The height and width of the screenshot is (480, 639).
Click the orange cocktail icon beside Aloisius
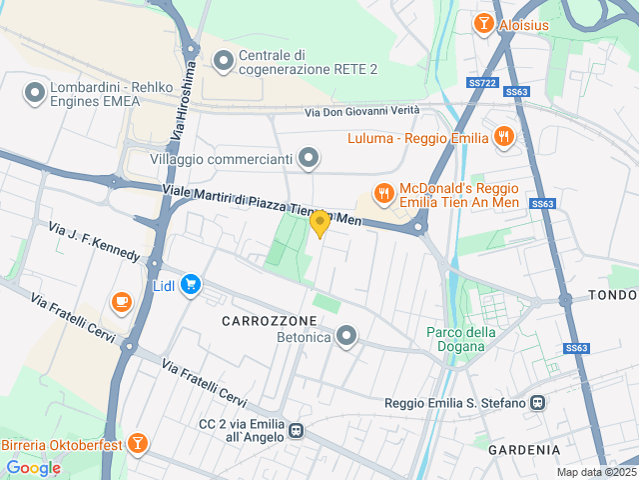tap(484, 22)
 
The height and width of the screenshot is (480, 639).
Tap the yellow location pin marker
tap(319, 223)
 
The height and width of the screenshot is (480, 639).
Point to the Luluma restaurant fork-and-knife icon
tap(504, 137)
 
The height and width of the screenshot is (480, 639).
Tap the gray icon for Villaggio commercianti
tap(310, 158)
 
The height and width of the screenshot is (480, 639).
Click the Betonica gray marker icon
tap(346, 336)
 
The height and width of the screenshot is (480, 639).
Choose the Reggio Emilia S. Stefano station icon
tap(538, 403)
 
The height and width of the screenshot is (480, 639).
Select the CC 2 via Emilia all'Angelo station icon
tap(297, 431)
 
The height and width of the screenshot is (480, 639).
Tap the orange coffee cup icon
tap(122, 300)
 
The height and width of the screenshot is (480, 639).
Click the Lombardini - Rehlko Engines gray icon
tap(36, 95)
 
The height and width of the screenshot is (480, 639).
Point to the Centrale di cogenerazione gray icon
tap(223, 62)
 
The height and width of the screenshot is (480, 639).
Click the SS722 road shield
tap(481, 83)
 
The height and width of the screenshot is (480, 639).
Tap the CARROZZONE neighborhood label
tap(270, 320)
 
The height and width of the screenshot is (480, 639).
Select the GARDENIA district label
tap(524, 450)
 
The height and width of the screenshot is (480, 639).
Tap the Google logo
tap(33, 467)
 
